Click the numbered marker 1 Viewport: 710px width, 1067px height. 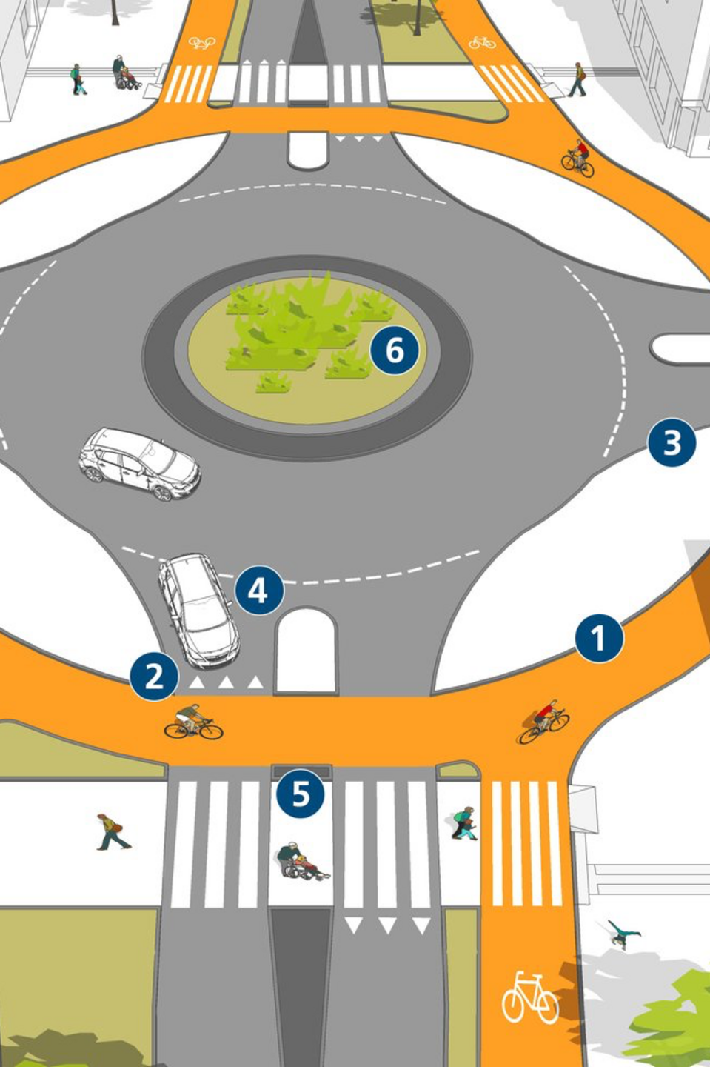[599, 638]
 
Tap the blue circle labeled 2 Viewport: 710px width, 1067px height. [154, 677]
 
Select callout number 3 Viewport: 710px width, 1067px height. [672, 442]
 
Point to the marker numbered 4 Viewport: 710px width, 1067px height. [259, 591]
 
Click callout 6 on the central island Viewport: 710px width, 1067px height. [395, 350]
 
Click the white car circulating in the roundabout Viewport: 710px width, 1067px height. [139, 464]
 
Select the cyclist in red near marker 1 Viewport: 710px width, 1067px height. [544, 722]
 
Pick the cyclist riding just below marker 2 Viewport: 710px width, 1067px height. [193, 722]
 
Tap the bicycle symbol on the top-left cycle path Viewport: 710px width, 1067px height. [202, 43]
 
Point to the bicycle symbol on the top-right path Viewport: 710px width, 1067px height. [482, 43]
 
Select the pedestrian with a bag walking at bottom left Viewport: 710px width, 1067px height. [113, 831]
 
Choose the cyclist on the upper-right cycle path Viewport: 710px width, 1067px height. [577, 158]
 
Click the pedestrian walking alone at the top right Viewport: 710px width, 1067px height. [577, 79]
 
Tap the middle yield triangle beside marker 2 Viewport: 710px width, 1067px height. [226, 682]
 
